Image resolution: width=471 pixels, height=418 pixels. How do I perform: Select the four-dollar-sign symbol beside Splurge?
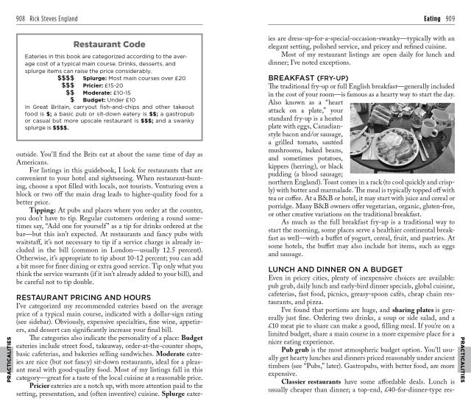click(65, 77)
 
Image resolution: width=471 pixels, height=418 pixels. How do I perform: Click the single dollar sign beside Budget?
click(71, 99)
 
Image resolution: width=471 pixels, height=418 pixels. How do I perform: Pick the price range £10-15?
click(121, 92)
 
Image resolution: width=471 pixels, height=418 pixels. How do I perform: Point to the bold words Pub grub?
click(297, 350)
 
